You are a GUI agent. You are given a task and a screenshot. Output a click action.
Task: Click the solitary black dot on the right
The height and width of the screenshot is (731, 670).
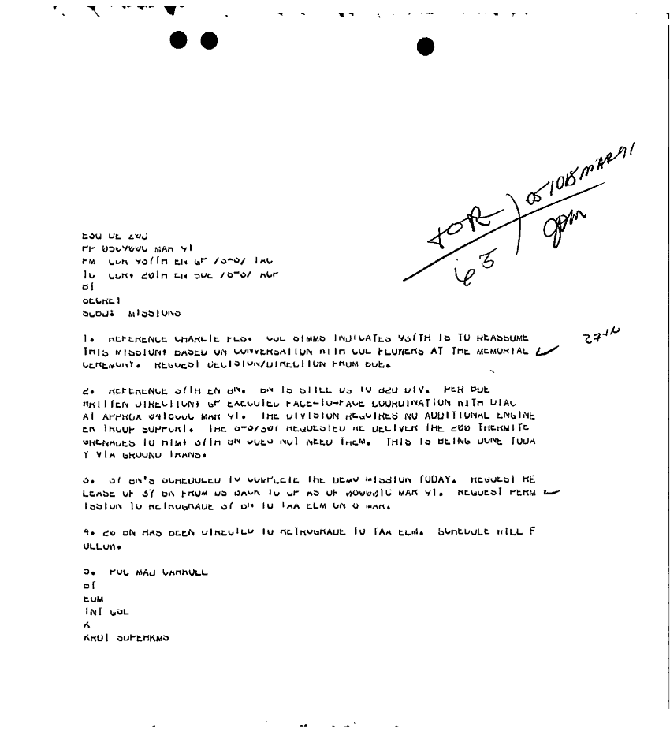(x=426, y=47)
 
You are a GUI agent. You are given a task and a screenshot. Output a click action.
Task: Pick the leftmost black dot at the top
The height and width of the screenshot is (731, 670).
(x=180, y=41)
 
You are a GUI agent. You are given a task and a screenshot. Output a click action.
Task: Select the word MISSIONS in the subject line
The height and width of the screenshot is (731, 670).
(x=154, y=313)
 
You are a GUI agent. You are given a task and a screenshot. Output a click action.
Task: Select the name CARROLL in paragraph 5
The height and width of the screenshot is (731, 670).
(x=183, y=573)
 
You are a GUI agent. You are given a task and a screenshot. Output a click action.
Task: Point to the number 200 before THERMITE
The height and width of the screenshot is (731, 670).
(x=470, y=429)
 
